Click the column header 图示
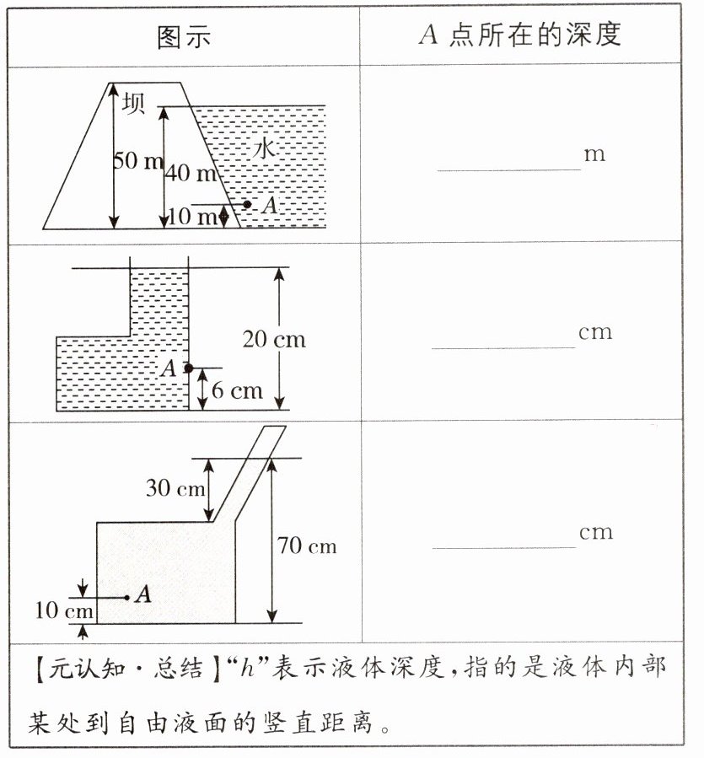(x=184, y=35)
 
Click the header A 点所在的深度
(x=519, y=34)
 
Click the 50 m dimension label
(x=138, y=161)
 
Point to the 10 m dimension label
(x=192, y=217)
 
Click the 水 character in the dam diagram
(x=264, y=149)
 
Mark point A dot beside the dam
(x=247, y=204)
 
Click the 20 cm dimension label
(x=274, y=340)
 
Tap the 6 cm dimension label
(x=237, y=391)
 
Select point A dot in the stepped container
(x=189, y=368)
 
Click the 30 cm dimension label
(x=175, y=487)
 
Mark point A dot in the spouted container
(x=126, y=597)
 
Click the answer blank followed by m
(x=508, y=162)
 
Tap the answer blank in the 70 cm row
(x=504, y=540)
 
